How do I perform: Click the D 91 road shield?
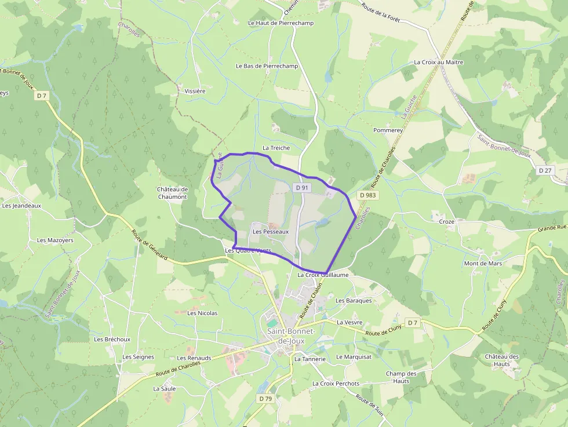pos(301,188)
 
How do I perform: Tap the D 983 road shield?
pos(366,196)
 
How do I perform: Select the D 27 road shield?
pos(545,170)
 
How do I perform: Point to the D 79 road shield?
pos(265,399)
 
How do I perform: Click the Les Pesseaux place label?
pos(270,232)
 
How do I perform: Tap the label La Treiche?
pos(276,148)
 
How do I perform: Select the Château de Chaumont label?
pos(172,193)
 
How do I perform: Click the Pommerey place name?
pos(388,130)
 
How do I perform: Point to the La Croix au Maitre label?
pos(438,62)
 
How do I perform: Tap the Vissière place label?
pos(195,91)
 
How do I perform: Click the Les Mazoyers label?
pos(55,240)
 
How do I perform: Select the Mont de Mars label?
pos(483,264)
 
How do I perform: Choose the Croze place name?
pos(446,222)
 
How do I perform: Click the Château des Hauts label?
pos(502,360)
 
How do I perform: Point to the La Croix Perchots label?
pos(336,384)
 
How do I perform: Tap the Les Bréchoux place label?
pos(112,340)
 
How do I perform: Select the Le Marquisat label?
pos(354,357)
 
